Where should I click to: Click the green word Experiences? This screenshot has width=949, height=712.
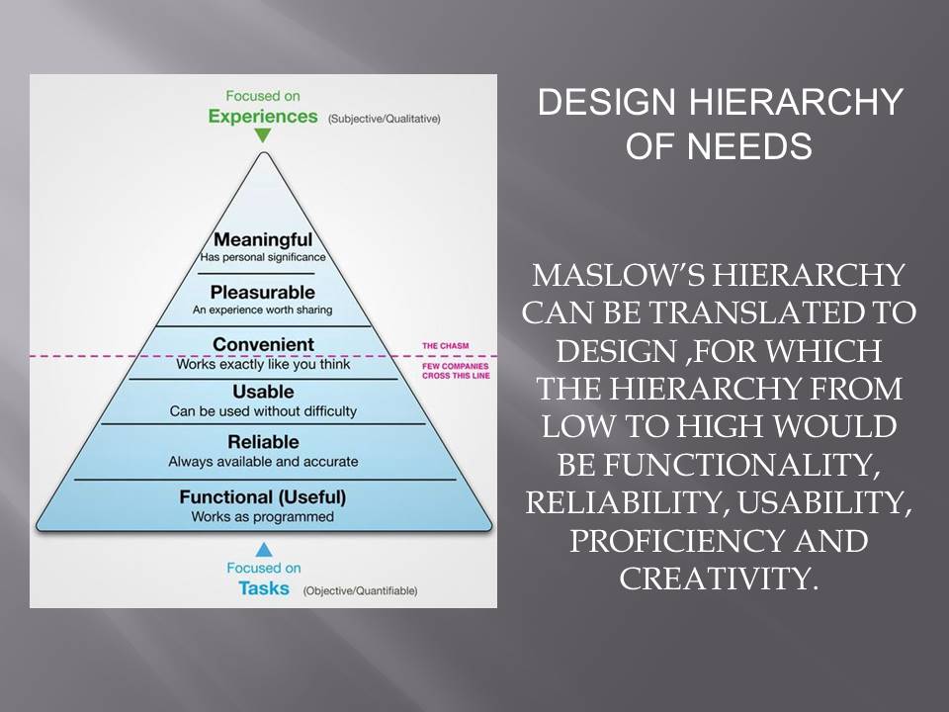(x=263, y=116)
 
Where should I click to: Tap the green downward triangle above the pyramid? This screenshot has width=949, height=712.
(x=262, y=136)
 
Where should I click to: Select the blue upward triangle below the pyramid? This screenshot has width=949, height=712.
(x=263, y=549)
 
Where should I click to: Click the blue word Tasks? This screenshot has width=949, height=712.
(x=263, y=588)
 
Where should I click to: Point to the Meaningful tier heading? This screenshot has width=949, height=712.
(x=263, y=240)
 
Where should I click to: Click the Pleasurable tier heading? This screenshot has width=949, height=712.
(x=263, y=293)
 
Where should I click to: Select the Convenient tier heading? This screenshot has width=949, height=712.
(x=263, y=344)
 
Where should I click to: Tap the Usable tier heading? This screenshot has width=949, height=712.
(x=263, y=392)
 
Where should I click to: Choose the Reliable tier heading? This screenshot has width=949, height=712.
(x=263, y=442)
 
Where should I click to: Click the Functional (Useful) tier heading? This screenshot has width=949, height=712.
(x=263, y=496)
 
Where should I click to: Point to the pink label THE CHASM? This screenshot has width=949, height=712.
(x=445, y=346)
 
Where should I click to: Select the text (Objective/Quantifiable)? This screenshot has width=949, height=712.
(x=360, y=590)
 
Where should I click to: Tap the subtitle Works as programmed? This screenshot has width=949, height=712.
(x=263, y=517)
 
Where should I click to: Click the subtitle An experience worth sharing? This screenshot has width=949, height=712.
(x=263, y=311)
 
